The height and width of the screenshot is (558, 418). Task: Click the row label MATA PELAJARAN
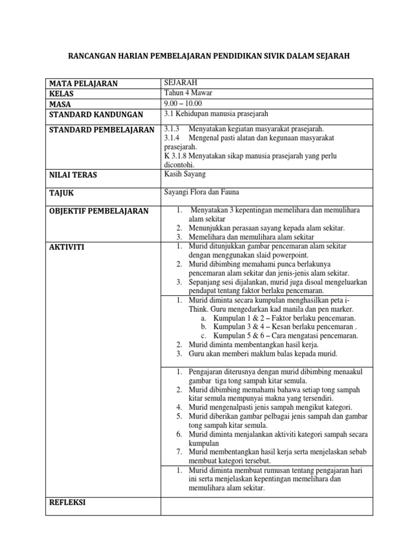pos(83,83)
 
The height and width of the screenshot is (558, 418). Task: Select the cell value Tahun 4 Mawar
pos(188,93)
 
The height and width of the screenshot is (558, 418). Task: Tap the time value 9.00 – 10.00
pos(183,103)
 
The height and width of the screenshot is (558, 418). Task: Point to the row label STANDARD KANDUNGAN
pos(96,114)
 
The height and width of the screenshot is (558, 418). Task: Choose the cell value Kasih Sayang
pos(186,174)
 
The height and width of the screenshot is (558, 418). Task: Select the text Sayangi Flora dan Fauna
pos(201,192)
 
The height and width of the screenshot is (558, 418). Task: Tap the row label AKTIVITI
pos(66,247)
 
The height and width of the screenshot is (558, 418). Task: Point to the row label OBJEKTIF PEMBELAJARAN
pos(99,211)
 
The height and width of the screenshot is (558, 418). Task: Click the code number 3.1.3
pos(172,129)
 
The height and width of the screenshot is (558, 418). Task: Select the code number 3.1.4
pos(172,138)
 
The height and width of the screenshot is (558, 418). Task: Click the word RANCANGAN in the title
pos(91,56)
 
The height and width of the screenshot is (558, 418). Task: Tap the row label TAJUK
pos(62,193)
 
